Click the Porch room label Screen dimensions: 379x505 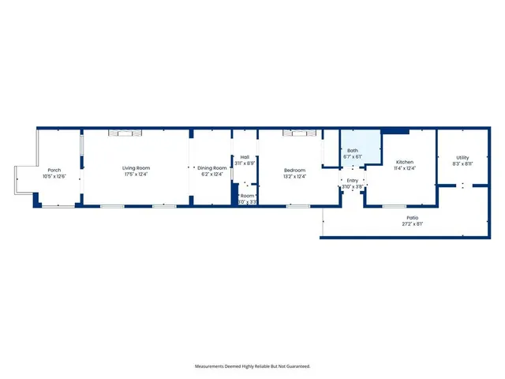(x=54, y=170)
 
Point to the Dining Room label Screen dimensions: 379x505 (x=212, y=167)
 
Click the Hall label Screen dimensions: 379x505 (x=245, y=156)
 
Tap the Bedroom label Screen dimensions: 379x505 (x=295, y=170)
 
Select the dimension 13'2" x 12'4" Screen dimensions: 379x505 (x=295, y=177)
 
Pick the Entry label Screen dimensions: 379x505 (x=353, y=180)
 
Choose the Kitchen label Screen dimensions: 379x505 (x=405, y=161)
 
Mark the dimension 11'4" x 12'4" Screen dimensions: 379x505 (x=405, y=168)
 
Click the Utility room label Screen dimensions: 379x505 (x=462, y=157)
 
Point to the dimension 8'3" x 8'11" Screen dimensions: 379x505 (x=462, y=164)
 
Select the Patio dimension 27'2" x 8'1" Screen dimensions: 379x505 (x=413, y=223)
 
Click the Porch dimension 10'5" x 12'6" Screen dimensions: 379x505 (x=54, y=177)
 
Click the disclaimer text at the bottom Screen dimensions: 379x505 (x=252, y=366)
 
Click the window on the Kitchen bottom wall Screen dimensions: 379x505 (x=394, y=207)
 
